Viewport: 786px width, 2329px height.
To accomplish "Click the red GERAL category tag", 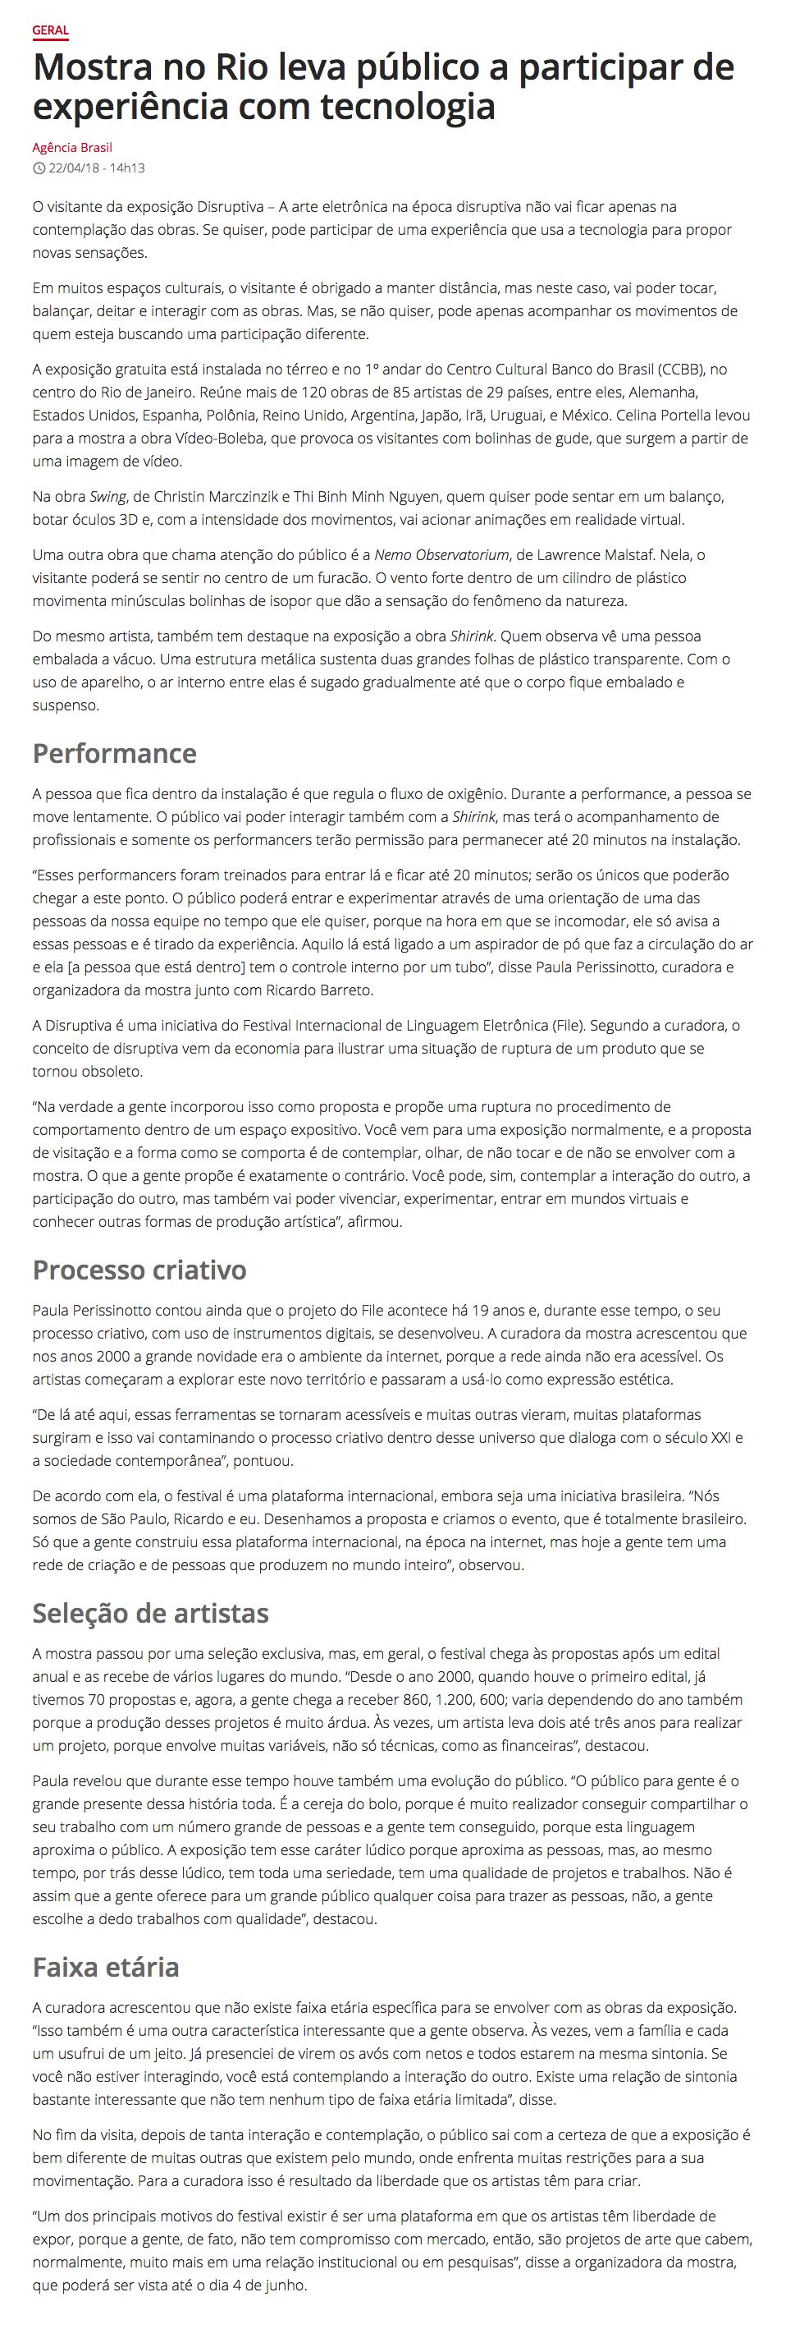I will click(51, 30).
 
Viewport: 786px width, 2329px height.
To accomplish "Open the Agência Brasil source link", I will click(72, 147).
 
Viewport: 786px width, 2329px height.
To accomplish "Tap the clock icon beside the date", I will click(39, 168).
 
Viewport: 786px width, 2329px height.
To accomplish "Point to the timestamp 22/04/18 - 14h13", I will click(97, 168).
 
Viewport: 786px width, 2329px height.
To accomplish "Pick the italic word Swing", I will click(107, 496).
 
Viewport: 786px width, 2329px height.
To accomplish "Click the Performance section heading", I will click(115, 753).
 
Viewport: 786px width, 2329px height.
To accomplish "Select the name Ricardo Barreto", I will click(318, 990).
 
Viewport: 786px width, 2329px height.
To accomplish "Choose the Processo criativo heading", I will click(139, 1270).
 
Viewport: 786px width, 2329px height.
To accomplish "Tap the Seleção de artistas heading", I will click(151, 1613).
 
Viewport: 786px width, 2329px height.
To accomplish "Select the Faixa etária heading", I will click(106, 1967).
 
